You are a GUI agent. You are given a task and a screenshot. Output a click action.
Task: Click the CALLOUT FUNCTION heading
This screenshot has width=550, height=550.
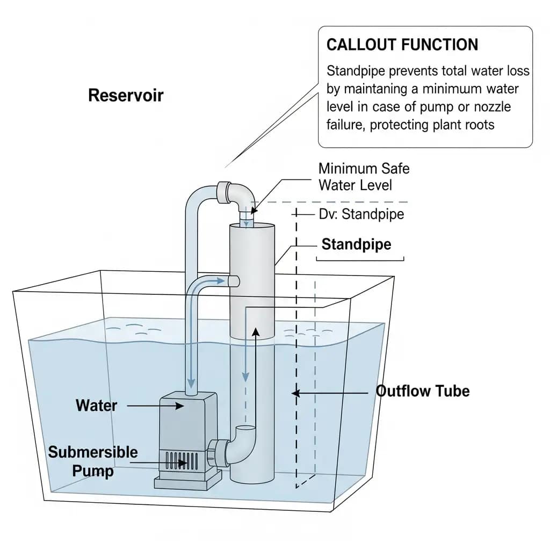(x=402, y=45)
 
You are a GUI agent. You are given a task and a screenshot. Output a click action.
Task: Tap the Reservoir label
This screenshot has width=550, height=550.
(x=126, y=96)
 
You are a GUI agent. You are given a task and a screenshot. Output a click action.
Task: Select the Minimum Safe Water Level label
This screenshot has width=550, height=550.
(x=364, y=177)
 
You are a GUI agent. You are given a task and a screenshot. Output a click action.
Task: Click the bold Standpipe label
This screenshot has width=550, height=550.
(x=356, y=245)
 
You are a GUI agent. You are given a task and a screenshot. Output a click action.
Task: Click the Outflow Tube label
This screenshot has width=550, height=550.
(x=423, y=391)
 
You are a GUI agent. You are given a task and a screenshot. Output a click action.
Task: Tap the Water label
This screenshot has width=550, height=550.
(x=97, y=405)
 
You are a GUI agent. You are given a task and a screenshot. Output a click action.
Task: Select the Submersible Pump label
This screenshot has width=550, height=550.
(x=93, y=461)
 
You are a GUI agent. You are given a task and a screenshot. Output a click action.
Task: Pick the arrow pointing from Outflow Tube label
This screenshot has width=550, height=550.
(x=333, y=393)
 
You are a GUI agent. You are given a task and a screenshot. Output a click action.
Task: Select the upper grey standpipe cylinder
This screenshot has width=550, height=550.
(x=252, y=279)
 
